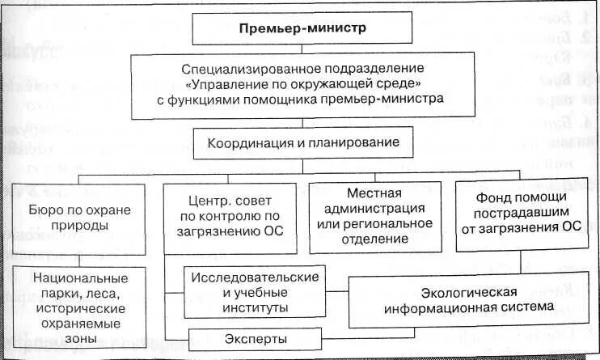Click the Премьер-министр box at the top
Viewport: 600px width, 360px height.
coord(302,28)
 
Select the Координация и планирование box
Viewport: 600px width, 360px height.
coord(302,143)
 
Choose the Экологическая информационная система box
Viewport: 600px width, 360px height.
coord(468,299)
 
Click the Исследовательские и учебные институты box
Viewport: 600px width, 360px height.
coord(253,292)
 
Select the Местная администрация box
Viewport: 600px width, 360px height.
coord(375,217)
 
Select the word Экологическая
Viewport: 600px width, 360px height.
coord(468,292)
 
